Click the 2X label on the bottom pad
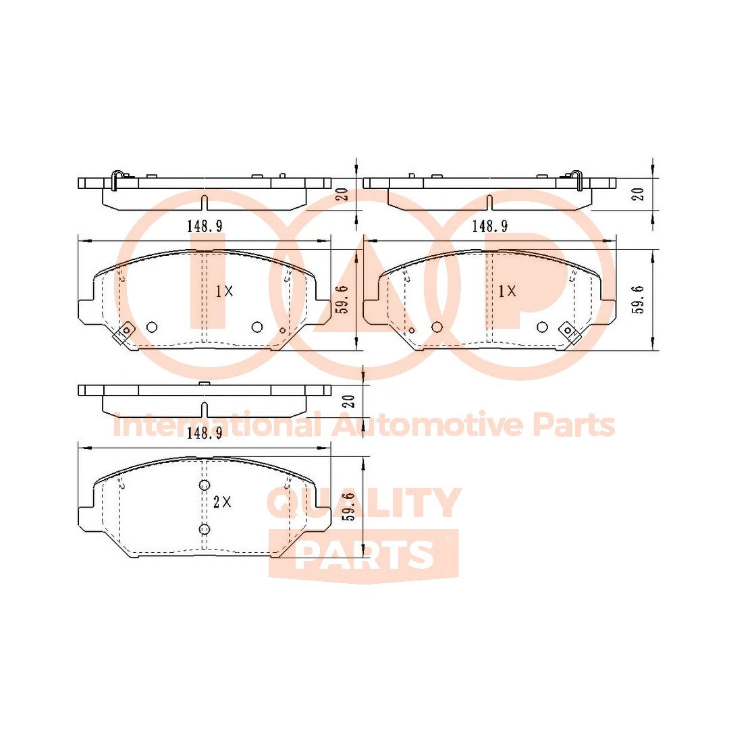coord(222,502)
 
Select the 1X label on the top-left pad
coord(224,292)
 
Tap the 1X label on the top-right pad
coord(507,291)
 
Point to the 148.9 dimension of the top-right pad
coord(489,226)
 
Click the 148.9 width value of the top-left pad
coord(205,226)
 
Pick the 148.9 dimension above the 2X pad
coord(205,434)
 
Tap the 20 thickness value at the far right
coord(638,194)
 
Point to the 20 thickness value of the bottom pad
coord(349,402)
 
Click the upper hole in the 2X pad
coord(205,485)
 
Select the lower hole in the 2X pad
coord(205,529)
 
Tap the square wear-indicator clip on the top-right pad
coord(569,331)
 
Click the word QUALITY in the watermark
coord(364,503)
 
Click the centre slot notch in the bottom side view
coord(205,409)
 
